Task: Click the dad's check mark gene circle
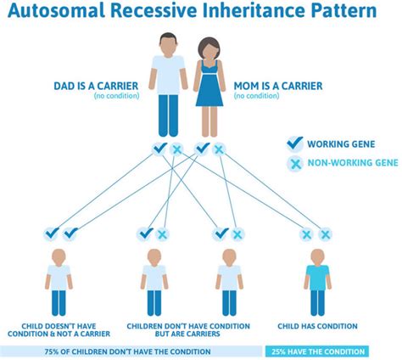pos(159,149)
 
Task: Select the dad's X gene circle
pos(176,149)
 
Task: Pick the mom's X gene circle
pos(219,149)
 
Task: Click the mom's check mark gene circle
pos(202,149)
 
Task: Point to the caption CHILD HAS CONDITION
pos(316,325)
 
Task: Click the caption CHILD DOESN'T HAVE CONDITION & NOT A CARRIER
pos(58,329)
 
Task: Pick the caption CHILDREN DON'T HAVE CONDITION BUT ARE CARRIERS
pos(187,329)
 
